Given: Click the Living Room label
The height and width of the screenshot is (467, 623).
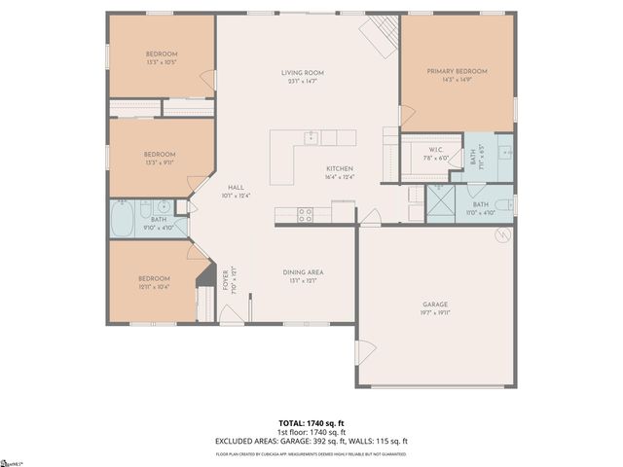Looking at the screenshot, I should tap(302, 73).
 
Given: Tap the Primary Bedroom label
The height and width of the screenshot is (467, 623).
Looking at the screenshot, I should tap(457, 71).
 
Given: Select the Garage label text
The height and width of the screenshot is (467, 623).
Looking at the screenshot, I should tap(435, 305).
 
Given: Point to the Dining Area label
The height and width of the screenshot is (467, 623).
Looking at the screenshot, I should tap(303, 271).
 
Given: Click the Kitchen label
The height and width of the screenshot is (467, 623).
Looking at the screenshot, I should tap(339, 168).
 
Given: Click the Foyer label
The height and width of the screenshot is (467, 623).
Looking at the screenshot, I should tap(226, 280).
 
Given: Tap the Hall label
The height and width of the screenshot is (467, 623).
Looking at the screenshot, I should tap(236, 187).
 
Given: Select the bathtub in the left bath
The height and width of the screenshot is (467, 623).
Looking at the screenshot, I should tap(123, 219).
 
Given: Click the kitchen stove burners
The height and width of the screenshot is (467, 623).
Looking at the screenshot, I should tap(305, 213).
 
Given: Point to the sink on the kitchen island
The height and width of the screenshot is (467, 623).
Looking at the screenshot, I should tap(311, 137).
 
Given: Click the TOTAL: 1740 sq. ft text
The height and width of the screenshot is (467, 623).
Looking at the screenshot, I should tap(311, 422).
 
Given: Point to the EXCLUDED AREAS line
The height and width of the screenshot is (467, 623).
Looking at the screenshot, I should tap(311, 442).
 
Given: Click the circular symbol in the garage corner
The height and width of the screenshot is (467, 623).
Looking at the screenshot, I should tap(502, 234).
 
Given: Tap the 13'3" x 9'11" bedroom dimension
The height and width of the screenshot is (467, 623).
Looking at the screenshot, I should tap(160, 162).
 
